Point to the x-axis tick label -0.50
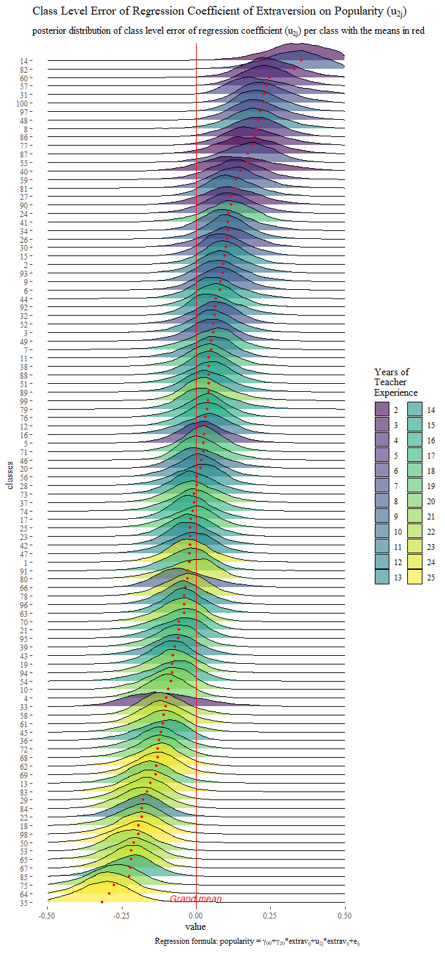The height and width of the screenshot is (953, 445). click(x=47, y=916)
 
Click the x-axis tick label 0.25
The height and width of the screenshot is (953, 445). click(x=270, y=916)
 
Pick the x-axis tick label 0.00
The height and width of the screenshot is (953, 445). click(x=196, y=916)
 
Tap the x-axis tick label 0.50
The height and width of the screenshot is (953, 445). click(x=344, y=916)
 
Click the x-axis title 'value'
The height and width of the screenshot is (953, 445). click(x=196, y=927)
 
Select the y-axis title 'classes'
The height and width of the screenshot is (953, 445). click(x=10, y=476)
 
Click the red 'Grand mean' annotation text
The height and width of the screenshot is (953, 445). click(x=196, y=899)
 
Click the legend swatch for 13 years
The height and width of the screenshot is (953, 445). click(x=382, y=577)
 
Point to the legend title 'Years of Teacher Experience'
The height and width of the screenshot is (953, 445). click(x=396, y=382)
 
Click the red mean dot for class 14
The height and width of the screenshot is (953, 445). click(x=301, y=60)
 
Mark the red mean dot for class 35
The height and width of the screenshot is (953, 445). click(x=102, y=902)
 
